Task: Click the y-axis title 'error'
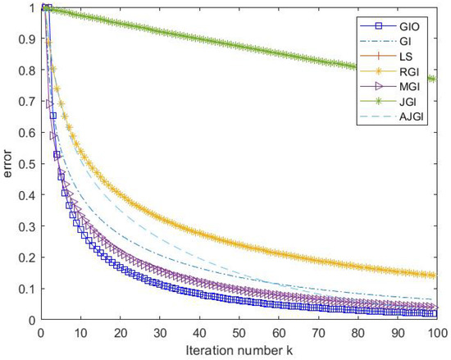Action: pyautogui.click(x=10, y=164)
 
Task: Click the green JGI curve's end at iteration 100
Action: pyautogui.click(x=437, y=80)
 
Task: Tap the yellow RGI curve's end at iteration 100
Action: pyautogui.click(x=437, y=276)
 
